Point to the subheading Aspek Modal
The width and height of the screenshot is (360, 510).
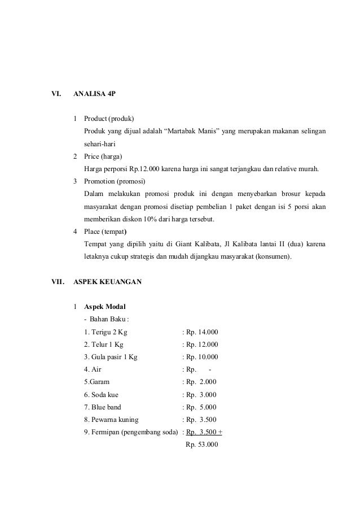point(105,307)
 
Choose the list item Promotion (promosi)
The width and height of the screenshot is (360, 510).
point(115,182)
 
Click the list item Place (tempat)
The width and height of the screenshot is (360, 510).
point(106,232)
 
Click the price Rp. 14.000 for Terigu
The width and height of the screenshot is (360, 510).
point(202,332)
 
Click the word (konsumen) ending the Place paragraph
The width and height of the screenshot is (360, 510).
point(272,257)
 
